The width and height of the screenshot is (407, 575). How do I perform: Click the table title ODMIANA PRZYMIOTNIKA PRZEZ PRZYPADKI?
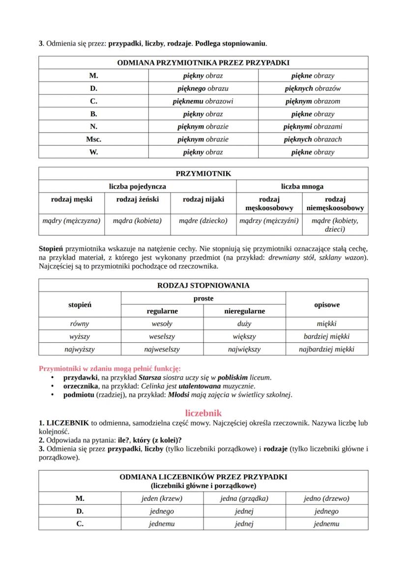(203, 63)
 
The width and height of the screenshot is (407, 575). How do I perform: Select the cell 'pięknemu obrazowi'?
(203, 101)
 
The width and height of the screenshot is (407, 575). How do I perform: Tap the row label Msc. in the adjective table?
(93, 139)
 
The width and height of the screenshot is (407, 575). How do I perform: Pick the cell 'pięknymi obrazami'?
(313, 126)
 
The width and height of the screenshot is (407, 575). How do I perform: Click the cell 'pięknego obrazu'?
(203, 88)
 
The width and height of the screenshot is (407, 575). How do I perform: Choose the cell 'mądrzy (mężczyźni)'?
(269, 220)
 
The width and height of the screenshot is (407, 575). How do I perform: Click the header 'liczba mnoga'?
(302, 187)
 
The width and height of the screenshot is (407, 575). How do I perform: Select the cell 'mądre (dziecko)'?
(203, 220)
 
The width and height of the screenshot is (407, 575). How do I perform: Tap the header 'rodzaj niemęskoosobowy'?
(335, 203)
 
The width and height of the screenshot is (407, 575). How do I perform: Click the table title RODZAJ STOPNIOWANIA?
(203, 285)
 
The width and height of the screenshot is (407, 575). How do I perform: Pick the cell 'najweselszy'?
(162, 350)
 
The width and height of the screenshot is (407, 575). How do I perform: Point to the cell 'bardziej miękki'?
(326, 337)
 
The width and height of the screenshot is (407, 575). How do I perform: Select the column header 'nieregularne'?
(244, 311)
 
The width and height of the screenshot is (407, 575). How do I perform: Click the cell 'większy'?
(244, 337)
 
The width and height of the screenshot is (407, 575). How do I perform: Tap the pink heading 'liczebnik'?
(203, 413)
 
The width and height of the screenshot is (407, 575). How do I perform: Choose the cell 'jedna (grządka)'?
(244, 498)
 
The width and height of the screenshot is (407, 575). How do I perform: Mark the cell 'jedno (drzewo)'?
(326, 498)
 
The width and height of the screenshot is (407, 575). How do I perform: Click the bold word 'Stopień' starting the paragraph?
(51, 249)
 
